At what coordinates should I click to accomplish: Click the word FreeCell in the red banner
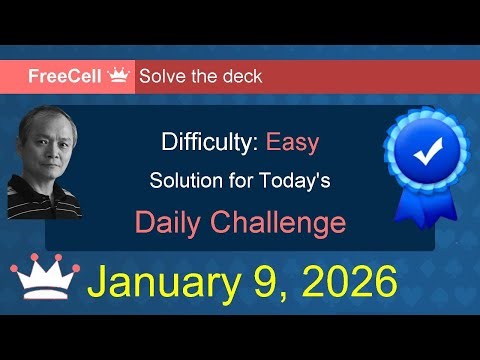click(x=62, y=76)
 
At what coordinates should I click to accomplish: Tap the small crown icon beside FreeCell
click(x=120, y=75)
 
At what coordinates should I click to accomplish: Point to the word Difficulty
click(x=208, y=142)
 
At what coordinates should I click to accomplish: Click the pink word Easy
click(x=292, y=142)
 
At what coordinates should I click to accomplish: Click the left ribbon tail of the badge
click(x=408, y=204)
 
